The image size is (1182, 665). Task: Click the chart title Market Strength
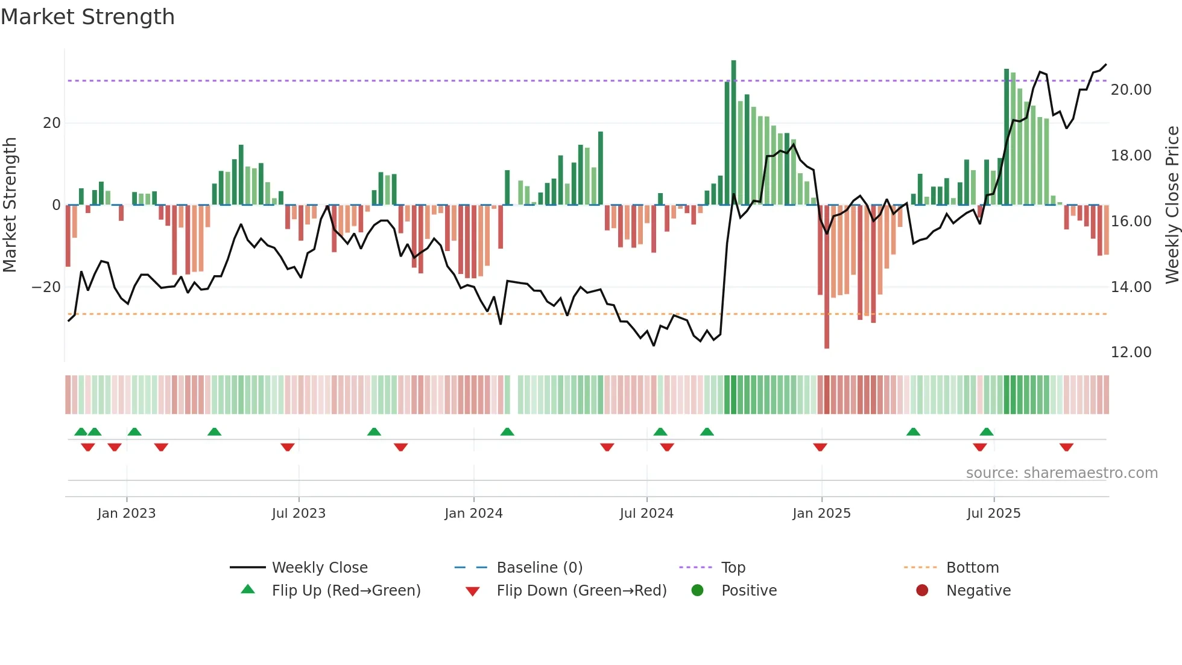[x=87, y=17]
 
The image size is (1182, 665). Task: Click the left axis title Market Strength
[x=10, y=205]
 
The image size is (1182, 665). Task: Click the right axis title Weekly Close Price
[x=1172, y=205]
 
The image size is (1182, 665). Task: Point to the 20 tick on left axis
[x=52, y=123]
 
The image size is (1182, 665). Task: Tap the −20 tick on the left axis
[x=46, y=287]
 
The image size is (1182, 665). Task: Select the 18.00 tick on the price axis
[x=1131, y=156]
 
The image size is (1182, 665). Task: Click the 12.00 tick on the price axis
[x=1131, y=352]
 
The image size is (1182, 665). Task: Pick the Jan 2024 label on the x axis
[x=473, y=514]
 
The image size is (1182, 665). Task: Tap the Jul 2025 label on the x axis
[x=993, y=514]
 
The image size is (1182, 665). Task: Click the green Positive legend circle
[x=698, y=591]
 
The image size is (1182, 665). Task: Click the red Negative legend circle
[x=922, y=591]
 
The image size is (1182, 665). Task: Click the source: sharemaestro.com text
[x=1061, y=473]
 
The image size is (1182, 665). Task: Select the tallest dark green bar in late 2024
[x=733, y=133]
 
